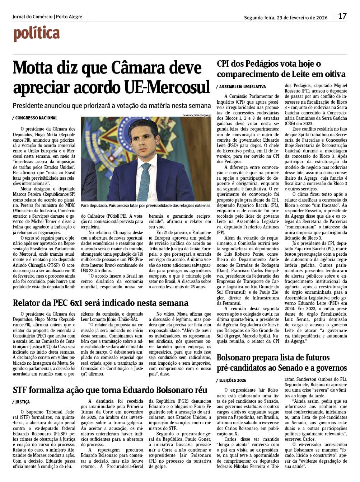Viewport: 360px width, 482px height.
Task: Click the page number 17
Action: tap(342, 16)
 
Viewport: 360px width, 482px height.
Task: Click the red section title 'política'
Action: tap(36, 34)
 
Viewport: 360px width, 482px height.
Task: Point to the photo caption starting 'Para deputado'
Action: tap(145, 205)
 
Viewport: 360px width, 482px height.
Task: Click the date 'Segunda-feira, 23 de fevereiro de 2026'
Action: tap(286, 18)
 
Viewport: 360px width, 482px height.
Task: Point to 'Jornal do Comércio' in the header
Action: tap(32, 17)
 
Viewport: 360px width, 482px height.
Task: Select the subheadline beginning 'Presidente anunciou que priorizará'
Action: tap(112, 106)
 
